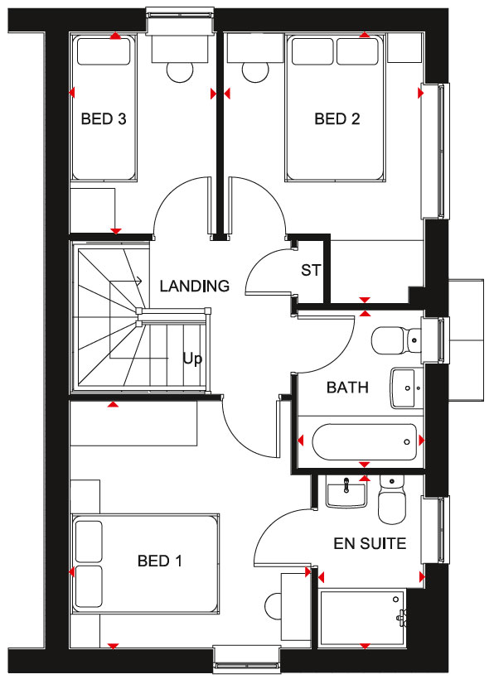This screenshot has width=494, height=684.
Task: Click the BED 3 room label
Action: click(104, 118)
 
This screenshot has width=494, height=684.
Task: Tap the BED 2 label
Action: click(337, 118)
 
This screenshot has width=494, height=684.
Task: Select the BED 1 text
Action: click(159, 561)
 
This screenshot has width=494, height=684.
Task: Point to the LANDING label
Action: click(195, 286)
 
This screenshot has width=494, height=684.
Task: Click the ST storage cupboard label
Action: click(311, 270)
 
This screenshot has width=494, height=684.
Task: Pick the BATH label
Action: click(347, 388)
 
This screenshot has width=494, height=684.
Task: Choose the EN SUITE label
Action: click(370, 543)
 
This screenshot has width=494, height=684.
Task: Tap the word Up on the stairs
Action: click(192, 360)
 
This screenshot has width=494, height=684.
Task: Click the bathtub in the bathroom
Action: click(364, 442)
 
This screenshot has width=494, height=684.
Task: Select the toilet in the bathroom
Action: click(396, 341)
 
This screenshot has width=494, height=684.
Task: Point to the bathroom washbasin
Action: click(407, 388)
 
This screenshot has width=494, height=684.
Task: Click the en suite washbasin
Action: click(346, 491)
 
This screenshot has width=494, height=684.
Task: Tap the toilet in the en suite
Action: click(392, 499)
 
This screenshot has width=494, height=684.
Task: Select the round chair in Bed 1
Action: click(274, 606)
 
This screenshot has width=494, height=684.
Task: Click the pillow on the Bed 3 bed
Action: click(104, 51)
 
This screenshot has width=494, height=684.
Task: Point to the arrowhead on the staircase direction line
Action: click(139, 282)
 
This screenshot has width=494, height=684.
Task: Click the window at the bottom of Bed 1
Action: click(247, 658)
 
